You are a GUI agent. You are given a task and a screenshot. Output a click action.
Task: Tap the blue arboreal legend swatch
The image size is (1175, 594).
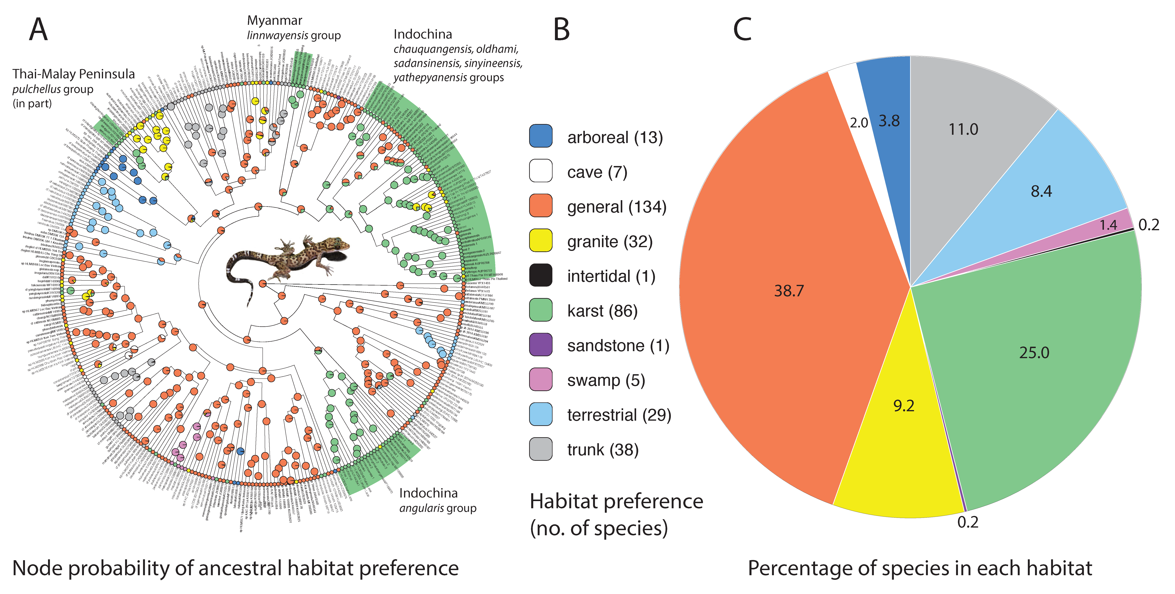[541, 136]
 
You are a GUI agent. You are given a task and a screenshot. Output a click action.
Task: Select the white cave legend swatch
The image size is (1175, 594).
[541, 171]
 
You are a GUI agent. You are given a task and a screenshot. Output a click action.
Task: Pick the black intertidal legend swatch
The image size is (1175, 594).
[541, 275]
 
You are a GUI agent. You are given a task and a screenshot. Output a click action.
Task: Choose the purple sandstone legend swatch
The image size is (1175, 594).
[541, 345]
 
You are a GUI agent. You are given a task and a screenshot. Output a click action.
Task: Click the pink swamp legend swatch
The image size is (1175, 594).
[541, 379]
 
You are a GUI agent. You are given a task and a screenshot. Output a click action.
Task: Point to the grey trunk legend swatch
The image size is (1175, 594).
[541, 449]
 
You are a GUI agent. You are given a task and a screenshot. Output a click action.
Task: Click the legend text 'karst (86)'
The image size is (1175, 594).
[602, 311]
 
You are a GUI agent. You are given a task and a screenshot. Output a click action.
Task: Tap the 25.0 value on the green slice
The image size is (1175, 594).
[1034, 352]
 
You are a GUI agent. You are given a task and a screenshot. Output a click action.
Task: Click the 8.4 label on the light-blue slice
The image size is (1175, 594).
[1041, 191]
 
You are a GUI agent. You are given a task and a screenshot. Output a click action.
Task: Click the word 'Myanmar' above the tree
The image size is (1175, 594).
[275, 20]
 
